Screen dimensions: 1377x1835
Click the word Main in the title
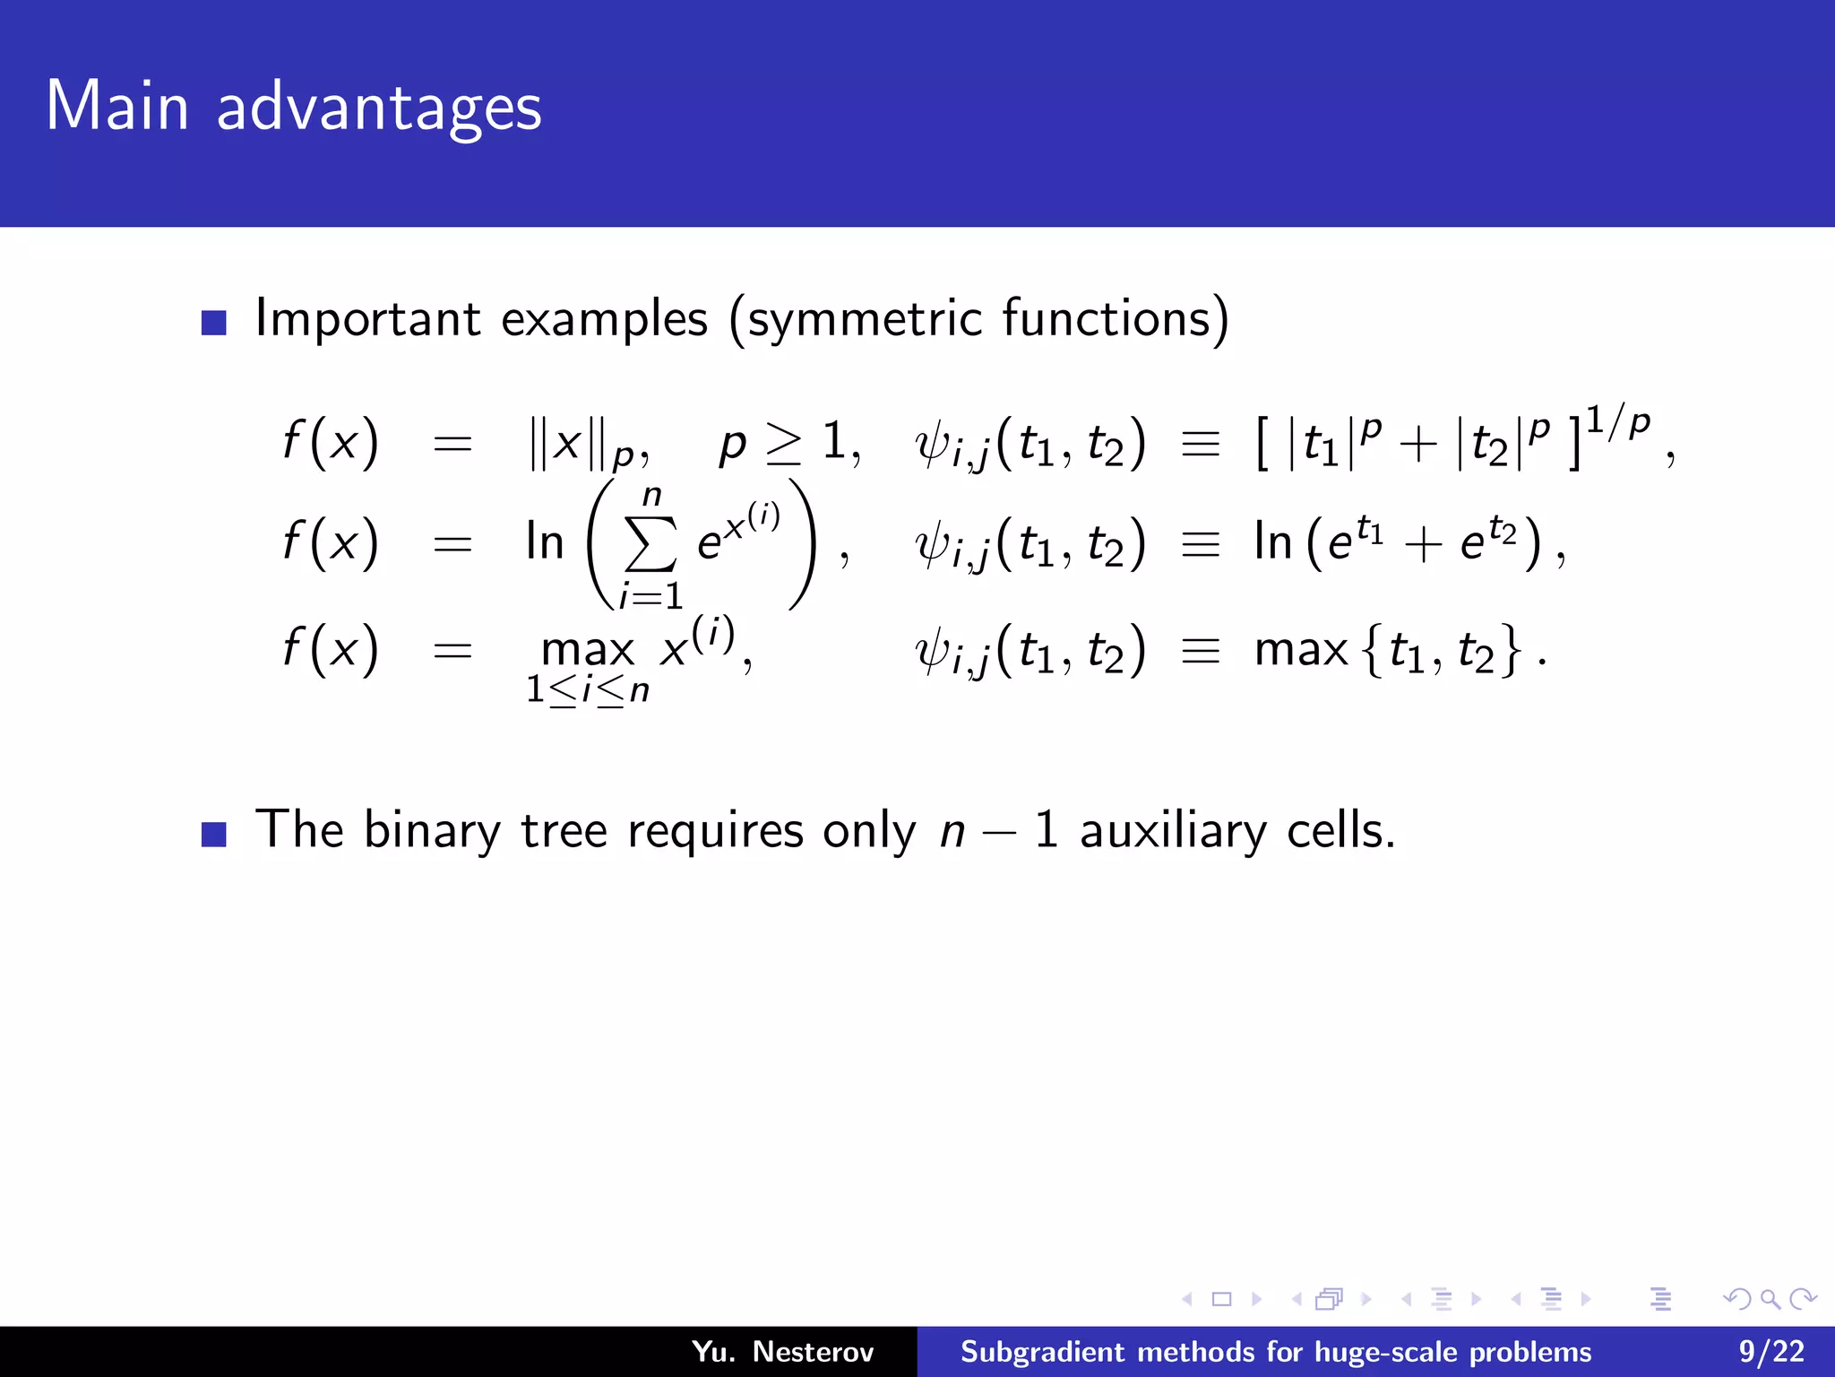click(x=116, y=107)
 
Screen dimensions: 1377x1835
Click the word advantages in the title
click(x=379, y=108)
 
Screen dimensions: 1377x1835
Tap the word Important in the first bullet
click(x=368, y=318)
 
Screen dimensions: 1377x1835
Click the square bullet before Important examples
click(x=214, y=323)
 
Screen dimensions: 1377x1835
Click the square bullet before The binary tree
click(x=214, y=835)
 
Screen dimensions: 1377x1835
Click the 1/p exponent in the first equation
click(x=1617, y=423)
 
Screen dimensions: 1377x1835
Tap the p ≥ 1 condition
click(x=788, y=442)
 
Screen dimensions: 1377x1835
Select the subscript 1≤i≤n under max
click(x=587, y=690)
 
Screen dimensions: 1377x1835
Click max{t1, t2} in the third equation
click(x=1389, y=650)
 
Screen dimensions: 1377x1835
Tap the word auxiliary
click(x=1173, y=831)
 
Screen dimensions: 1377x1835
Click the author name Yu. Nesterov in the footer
click(x=782, y=1352)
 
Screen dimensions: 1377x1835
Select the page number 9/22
click(x=1771, y=1352)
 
